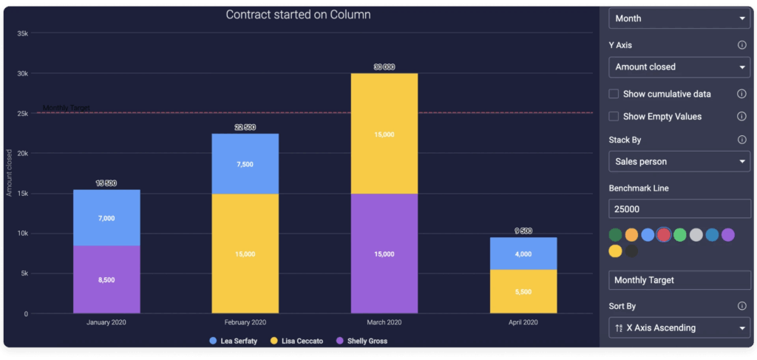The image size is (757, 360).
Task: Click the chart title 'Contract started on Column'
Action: pyautogui.click(x=298, y=15)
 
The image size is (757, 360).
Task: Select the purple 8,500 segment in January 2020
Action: pyautogui.click(x=106, y=279)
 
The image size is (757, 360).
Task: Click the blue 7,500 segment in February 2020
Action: pyautogui.click(x=245, y=164)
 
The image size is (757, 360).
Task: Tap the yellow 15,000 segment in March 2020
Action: pyautogui.click(x=384, y=134)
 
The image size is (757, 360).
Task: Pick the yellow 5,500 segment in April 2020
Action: pyautogui.click(x=523, y=291)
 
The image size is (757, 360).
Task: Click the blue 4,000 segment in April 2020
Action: pyautogui.click(x=523, y=254)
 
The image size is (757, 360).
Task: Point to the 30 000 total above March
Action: pyautogui.click(x=384, y=67)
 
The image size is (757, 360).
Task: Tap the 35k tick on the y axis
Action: pyautogui.click(x=22, y=33)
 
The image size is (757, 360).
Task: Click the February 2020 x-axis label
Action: pyautogui.click(x=245, y=323)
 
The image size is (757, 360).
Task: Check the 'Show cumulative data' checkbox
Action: pyautogui.click(x=614, y=94)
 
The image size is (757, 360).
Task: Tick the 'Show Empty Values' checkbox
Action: pyautogui.click(x=614, y=116)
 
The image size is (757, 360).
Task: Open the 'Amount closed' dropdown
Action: pyautogui.click(x=679, y=67)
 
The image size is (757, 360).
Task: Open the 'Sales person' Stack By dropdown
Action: pyautogui.click(x=679, y=161)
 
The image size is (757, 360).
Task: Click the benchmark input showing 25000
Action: pyautogui.click(x=679, y=210)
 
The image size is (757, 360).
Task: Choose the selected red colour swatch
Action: pyautogui.click(x=664, y=235)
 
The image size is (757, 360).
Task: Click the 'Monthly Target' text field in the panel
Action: pyautogui.click(x=679, y=280)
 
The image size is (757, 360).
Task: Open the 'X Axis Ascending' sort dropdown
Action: pyautogui.click(x=679, y=327)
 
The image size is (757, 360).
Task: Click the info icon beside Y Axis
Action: pyautogui.click(x=741, y=45)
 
